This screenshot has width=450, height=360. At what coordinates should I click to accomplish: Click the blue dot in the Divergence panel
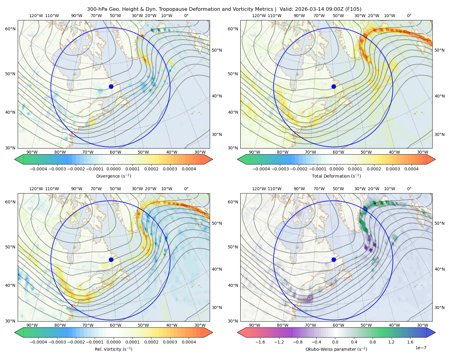[x=111, y=86]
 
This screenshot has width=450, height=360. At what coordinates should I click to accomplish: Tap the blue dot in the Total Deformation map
[x=334, y=86]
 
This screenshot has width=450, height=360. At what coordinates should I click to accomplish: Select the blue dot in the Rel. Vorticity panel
[x=111, y=259]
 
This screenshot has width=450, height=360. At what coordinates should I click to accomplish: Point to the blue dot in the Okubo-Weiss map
[x=334, y=259]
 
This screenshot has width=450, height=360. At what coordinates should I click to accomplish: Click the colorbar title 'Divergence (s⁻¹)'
[x=113, y=176]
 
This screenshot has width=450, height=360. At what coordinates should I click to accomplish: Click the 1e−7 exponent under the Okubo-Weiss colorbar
[x=421, y=348]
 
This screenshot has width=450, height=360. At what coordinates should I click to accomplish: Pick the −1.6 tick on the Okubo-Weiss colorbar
[x=260, y=342]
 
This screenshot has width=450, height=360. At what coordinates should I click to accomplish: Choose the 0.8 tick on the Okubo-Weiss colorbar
[x=373, y=342]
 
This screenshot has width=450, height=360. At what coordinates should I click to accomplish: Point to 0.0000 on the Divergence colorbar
[x=113, y=169]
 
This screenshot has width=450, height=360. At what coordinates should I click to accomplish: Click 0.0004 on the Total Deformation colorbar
[x=411, y=169]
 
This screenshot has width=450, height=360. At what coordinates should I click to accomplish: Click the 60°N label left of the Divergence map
[x=10, y=29]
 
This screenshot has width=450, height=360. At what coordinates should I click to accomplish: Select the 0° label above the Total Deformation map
[x=409, y=16]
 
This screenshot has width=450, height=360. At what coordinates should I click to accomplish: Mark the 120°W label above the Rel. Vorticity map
[x=36, y=189]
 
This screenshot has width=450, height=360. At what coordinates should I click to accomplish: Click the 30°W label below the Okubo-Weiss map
[x=422, y=325]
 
